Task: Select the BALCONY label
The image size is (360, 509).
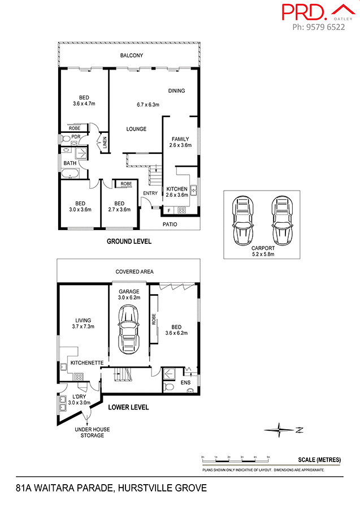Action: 131,55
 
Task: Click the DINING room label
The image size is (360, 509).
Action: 176,91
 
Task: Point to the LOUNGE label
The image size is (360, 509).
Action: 136,129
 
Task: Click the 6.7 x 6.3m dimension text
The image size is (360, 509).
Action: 148,105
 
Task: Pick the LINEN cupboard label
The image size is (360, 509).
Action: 105,143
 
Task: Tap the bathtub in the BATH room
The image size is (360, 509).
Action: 71,174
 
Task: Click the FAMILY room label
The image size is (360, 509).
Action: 180,139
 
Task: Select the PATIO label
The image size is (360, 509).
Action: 170,225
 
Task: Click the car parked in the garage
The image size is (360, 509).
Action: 129,329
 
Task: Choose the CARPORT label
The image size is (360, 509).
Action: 263,248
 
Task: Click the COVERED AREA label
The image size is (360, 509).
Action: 135,272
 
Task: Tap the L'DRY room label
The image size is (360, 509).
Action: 79,396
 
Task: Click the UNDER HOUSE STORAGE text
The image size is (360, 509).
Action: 92,433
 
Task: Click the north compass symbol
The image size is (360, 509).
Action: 280,430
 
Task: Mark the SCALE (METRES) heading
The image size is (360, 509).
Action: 319,460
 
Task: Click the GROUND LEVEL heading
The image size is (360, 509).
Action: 129,241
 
